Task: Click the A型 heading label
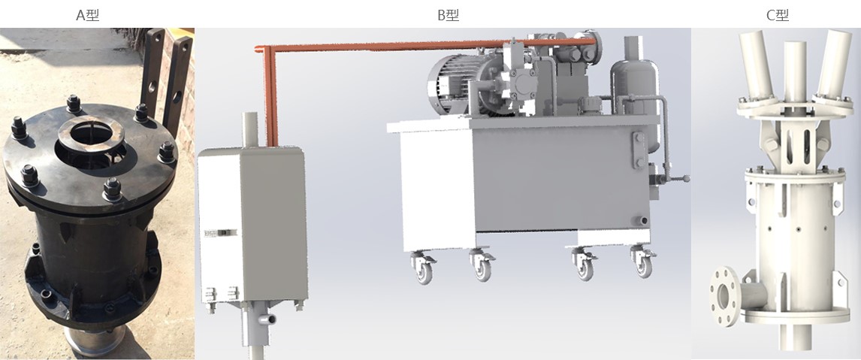click(x=87, y=15)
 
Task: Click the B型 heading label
click(x=448, y=15)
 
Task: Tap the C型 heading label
click(x=778, y=15)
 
